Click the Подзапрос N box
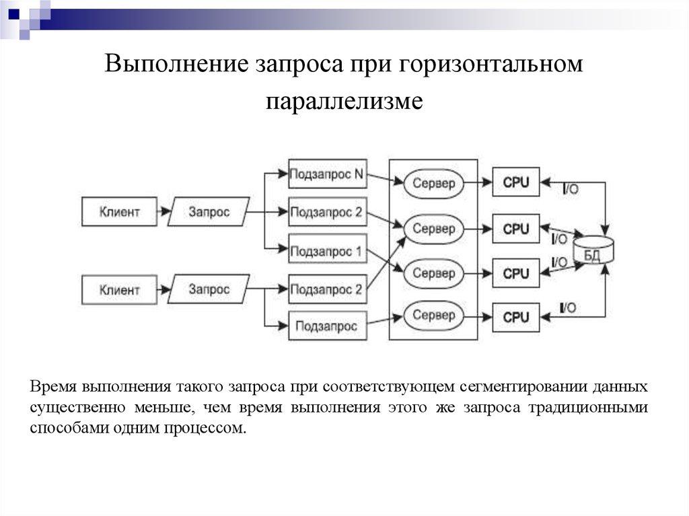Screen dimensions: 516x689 [327, 175]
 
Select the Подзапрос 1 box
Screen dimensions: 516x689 [327, 252]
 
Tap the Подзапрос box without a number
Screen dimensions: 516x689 [327, 327]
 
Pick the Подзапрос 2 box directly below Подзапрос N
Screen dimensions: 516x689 [327, 213]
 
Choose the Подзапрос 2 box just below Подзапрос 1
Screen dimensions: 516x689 [327, 290]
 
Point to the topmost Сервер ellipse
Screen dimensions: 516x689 [433, 183]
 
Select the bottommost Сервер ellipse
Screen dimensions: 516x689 [433, 315]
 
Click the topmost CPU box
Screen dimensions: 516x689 [516, 182]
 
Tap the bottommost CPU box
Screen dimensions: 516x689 [516, 317]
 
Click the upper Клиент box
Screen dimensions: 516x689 [120, 212]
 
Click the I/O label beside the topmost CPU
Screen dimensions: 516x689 [569, 190]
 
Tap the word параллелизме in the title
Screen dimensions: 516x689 [344, 102]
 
